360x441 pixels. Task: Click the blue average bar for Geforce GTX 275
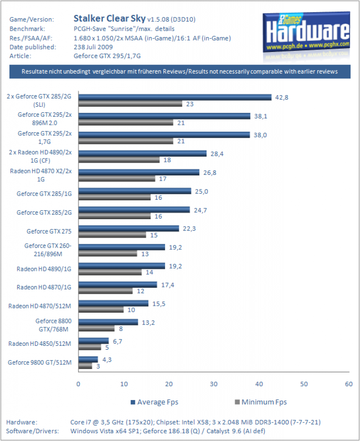pyautogui.click(x=128, y=228)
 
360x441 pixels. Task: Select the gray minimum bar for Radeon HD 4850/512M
pyautogui.click(x=90, y=348)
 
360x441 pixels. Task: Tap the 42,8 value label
pyautogui.click(x=282, y=98)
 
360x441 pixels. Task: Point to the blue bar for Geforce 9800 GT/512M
pyautogui.click(x=88, y=360)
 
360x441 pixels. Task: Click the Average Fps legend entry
pyautogui.click(x=154, y=402)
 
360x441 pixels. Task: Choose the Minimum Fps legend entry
pyautogui.click(x=261, y=402)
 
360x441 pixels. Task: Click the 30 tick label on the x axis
pyautogui.click(x=214, y=384)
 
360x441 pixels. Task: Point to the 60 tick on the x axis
pyautogui.click(x=349, y=384)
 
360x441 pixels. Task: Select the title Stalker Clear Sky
pyautogui.click(x=110, y=19)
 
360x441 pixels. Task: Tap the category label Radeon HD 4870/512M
pyautogui.click(x=40, y=306)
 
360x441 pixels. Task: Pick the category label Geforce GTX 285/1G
pyautogui.click(x=44, y=194)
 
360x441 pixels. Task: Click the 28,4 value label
pyautogui.click(x=217, y=154)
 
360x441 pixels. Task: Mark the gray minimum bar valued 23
pyautogui.click(x=130, y=104)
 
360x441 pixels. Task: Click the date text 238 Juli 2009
pyautogui.click(x=93, y=47)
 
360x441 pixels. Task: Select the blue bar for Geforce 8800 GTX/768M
pyautogui.click(x=108, y=322)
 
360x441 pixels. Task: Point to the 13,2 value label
pyautogui.click(x=148, y=323)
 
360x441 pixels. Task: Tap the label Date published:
pyautogui.click(x=33, y=47)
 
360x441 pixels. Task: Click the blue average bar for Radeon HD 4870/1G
pyautogui.click(x=118, y=285)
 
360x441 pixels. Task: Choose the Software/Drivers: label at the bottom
pyautogui.click(x=32, y=431)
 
